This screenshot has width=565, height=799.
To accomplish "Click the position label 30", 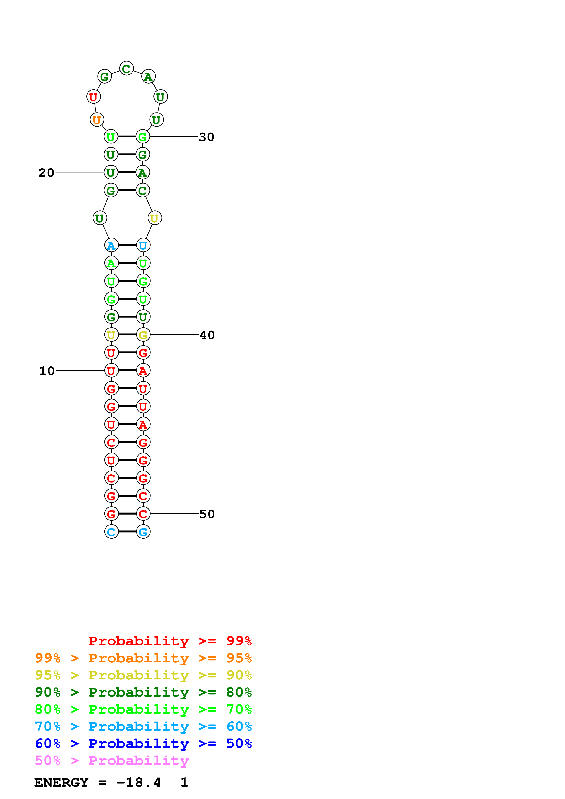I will pos(206,137).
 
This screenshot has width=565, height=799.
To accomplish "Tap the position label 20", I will pos(46,173).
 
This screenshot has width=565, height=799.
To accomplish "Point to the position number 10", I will pos(47,371).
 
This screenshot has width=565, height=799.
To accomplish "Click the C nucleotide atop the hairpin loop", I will pos(126,69).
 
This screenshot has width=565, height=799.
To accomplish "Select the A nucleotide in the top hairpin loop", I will pos(148,77).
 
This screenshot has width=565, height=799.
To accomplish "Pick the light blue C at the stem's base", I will pos(111,532).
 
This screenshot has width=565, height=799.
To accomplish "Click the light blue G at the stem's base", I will pos(143,532).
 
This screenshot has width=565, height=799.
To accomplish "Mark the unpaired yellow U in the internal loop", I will pos(155,218).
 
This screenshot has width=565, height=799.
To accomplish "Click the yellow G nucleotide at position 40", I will pos(143,335).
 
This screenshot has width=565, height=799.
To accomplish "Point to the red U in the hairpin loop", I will pos(93,97).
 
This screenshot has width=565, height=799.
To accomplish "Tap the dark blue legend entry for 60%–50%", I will pos(143,744).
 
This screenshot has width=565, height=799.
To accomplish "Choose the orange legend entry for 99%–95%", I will pos(143,658).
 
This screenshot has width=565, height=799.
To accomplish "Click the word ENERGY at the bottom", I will pos(61,783).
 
